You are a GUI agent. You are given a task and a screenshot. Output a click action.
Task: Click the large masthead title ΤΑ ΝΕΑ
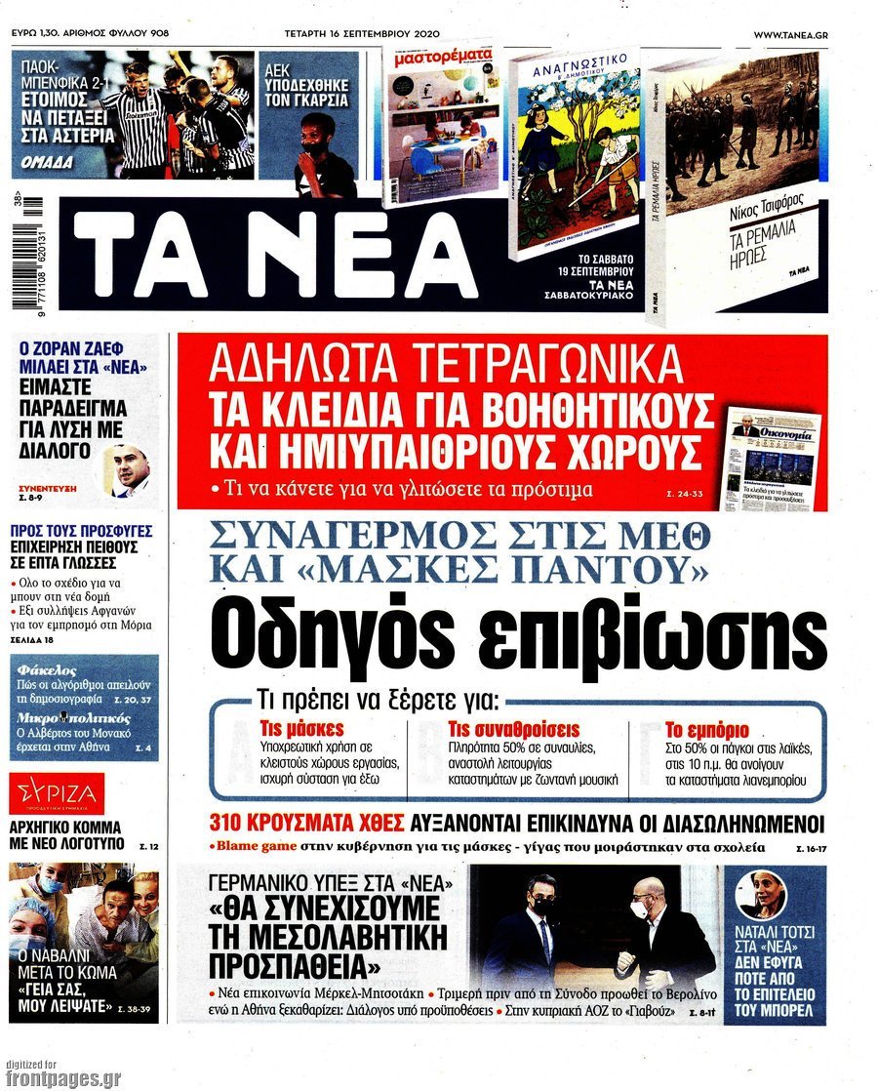[x=274, y=252]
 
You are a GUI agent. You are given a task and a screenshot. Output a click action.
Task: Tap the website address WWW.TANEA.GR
[x=791, y=34]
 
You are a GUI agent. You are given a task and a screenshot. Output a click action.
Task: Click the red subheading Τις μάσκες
[x=289, y=730]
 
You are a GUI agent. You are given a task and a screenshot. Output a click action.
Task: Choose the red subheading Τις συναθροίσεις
[x=513, y=730]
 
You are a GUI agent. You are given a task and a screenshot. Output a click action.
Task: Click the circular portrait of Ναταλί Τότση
[x=762, y=895]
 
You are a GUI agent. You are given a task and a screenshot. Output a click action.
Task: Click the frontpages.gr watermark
[x=63, y=1077]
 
